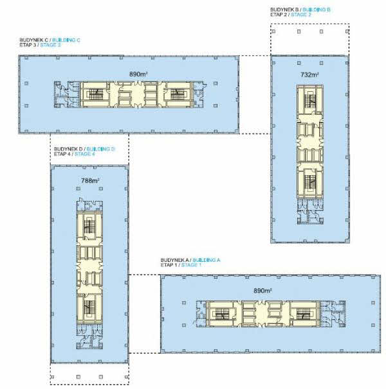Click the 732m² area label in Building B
pyautogui.click(x=309, y=74)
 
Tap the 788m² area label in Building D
pyautogui.click(x=90, y=180)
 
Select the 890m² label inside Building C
pyautogui.click(x=138, y=74)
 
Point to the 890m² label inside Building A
pyautogui.click(x=262, y=291)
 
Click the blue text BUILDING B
pyautogui.click(x=317, y=10)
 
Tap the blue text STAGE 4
pyautogui.click(x=85, y=154)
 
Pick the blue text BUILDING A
pyautogui.click(x=207, y=260)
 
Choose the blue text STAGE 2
pyautogui.click(x=301, y=14)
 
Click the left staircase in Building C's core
pyautogui.click(x=96, y=94)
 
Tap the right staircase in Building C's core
pyautogui.click(x=177, y=94)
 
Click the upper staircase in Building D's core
pyautogui.click(x=89, y=227)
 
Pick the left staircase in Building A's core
pyautogui.click(x=222, y=315)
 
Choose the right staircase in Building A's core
pyautogui.click(x=304, y=315)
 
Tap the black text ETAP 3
pyautogui.click(x=28, y=45)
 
